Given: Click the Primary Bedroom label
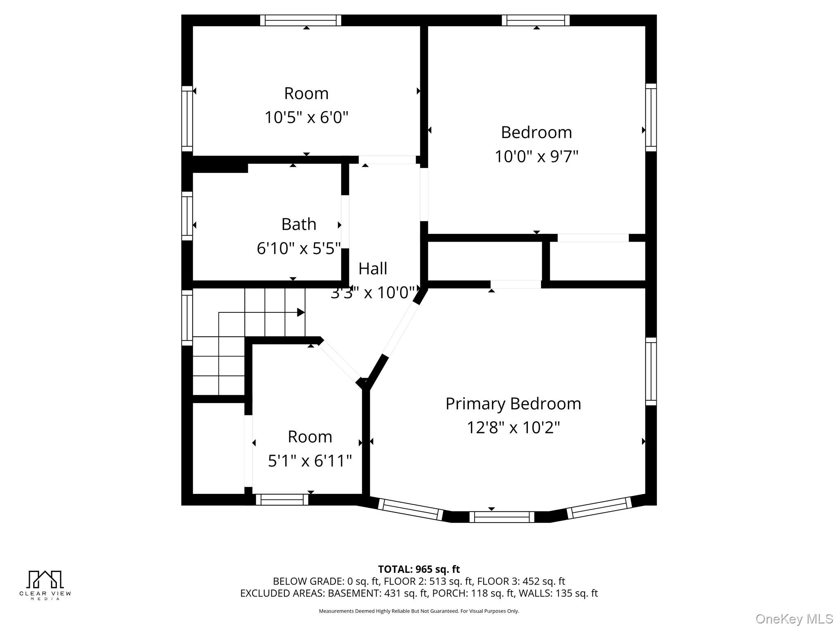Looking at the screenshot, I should [x=513, y=404].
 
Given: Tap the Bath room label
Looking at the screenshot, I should [x=299, y=224].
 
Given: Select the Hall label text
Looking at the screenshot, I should [x=373, y=269].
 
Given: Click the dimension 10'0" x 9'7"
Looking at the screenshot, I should [x=536, y=157].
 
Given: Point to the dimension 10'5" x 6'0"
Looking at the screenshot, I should [x=306, y=118].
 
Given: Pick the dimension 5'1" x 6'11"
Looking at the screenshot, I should [x=310, y=461].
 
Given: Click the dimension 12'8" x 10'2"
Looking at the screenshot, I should [x=513, y=428].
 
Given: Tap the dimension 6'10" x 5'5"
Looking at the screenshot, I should [x=299, y=249].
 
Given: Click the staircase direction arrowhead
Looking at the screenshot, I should [x=301, y=313].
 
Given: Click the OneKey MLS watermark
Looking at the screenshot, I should [x=794, y=619].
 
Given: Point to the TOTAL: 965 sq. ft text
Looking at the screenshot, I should [x=419, y=569].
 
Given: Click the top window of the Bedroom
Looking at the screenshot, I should [x=536, y=20].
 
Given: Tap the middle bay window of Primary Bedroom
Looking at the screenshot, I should [x=502, y=517].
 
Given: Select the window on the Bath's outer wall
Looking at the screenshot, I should [x=187, y=216].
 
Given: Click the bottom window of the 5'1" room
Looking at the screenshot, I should [x=282, y=500].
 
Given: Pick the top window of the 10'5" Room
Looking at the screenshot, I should [x=300, y=20].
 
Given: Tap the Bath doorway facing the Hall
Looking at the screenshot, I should [x=345, y=222].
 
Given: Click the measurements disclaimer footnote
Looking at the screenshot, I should [x=419, y=611].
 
